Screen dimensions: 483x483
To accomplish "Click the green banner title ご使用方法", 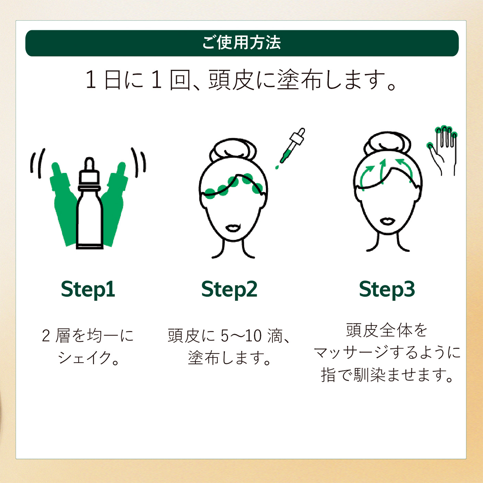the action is coord(241,43).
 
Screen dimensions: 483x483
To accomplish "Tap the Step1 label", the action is coord(88,290).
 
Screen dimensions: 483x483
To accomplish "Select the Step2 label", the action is coord(229,290).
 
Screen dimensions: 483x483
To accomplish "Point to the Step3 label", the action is coord(387,290).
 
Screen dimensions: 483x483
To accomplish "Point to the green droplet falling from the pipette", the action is coord(277,167).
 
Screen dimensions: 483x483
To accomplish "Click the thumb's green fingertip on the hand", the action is coord(430,145).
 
